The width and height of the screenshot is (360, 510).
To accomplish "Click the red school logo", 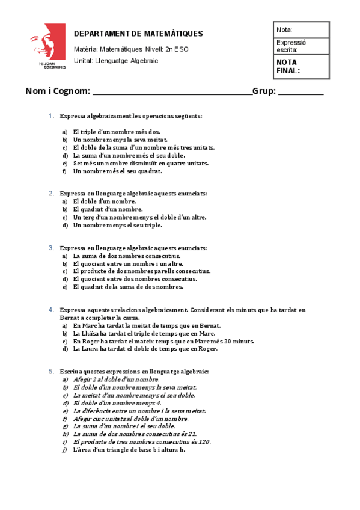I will tap(47, 47).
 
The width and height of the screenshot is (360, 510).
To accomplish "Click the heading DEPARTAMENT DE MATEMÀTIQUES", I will tap(138, 34).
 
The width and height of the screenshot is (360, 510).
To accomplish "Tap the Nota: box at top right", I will tap(301, 29).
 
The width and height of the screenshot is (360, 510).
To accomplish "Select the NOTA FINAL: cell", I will tap(301, 66).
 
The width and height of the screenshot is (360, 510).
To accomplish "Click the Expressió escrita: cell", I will tap(301, 46).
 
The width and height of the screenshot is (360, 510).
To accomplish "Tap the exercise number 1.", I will tap(52, 115).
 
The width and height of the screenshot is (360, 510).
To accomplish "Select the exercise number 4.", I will tap(52, 310).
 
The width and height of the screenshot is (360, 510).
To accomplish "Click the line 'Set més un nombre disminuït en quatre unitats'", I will tap(141, 163).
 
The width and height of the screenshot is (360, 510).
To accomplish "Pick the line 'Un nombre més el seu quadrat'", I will tap(117, 171).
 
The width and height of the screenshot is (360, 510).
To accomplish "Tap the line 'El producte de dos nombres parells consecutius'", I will tap(141, 271).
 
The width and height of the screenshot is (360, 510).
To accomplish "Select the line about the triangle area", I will tap(129, 449).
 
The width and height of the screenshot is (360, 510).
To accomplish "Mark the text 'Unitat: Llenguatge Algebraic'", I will tap(116, 61).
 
